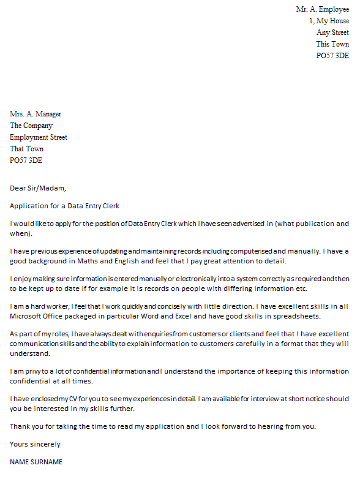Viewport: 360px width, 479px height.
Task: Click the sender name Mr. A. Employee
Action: [322, 9]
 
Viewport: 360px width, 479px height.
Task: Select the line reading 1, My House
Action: [329, 21]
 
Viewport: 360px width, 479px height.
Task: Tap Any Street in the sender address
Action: [332, 32]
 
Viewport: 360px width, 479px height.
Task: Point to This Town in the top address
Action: [332, 44]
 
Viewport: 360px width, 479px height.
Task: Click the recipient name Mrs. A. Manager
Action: [36, 114]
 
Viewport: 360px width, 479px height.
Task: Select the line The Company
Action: [31, 126]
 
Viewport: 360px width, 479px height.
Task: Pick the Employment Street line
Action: [39, 137]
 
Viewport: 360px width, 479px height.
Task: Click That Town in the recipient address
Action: [27, 149]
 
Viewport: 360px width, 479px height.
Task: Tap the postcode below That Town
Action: [26, 160]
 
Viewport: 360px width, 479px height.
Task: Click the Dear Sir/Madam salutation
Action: [38, 188]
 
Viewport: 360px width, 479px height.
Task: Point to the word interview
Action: [250, 399]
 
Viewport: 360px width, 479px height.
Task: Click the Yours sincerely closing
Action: [35, 444]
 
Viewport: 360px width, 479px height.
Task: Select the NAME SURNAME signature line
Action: [36, 462]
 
